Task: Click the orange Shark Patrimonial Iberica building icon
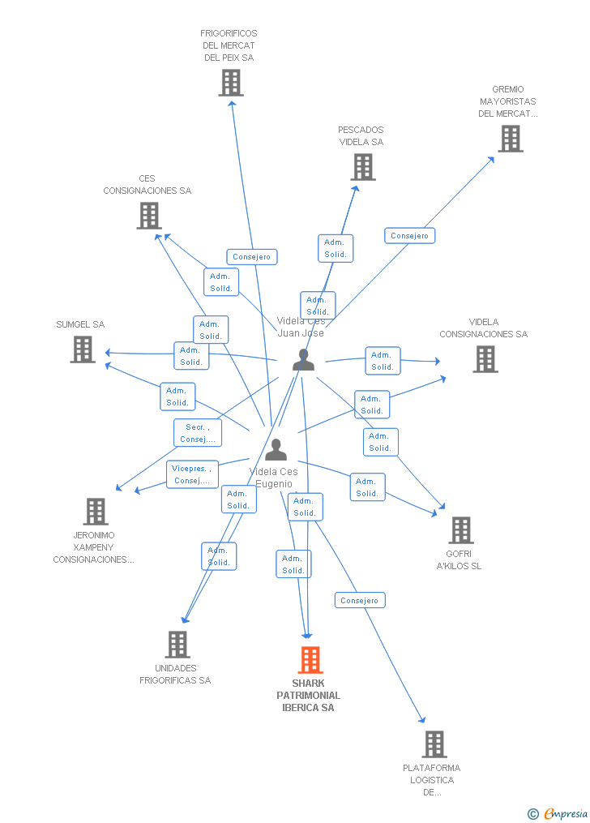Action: click(310, 660)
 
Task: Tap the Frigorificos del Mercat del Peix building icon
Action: click(231, 83)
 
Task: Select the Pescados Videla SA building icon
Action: click(362, 167)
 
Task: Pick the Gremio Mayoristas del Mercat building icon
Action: click(510, 139)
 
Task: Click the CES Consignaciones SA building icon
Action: click(148, 216)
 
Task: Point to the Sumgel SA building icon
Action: click(83, 349)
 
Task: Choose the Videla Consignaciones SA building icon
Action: click(485, 359)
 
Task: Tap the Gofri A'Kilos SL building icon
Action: click(460, 530)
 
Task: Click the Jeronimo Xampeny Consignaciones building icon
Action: click(96, 512)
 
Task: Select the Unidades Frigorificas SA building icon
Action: click(177, 645)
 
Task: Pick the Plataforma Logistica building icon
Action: click(434, 744)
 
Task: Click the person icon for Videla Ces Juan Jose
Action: click(303, 359)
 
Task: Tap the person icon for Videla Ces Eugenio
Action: click(276, 449)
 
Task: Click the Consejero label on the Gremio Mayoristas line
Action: click(409, 236)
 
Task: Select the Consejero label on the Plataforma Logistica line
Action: click(360, 601)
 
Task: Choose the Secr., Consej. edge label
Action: click(198, 433)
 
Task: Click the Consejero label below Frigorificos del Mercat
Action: click(251, 257)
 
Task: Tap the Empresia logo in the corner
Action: click(559, 813)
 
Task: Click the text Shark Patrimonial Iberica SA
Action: click(308, 696)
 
